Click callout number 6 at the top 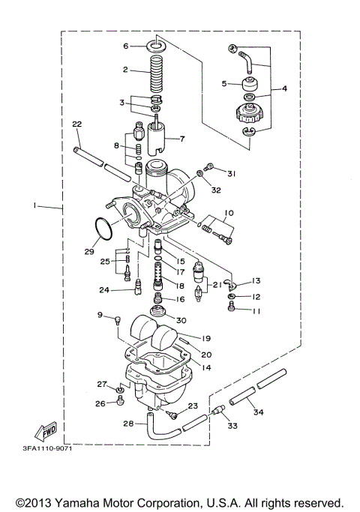point(127,46)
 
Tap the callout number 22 point(76,124)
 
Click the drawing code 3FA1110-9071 point(45,448)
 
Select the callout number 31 point(232,174)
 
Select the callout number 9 point(98,316)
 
